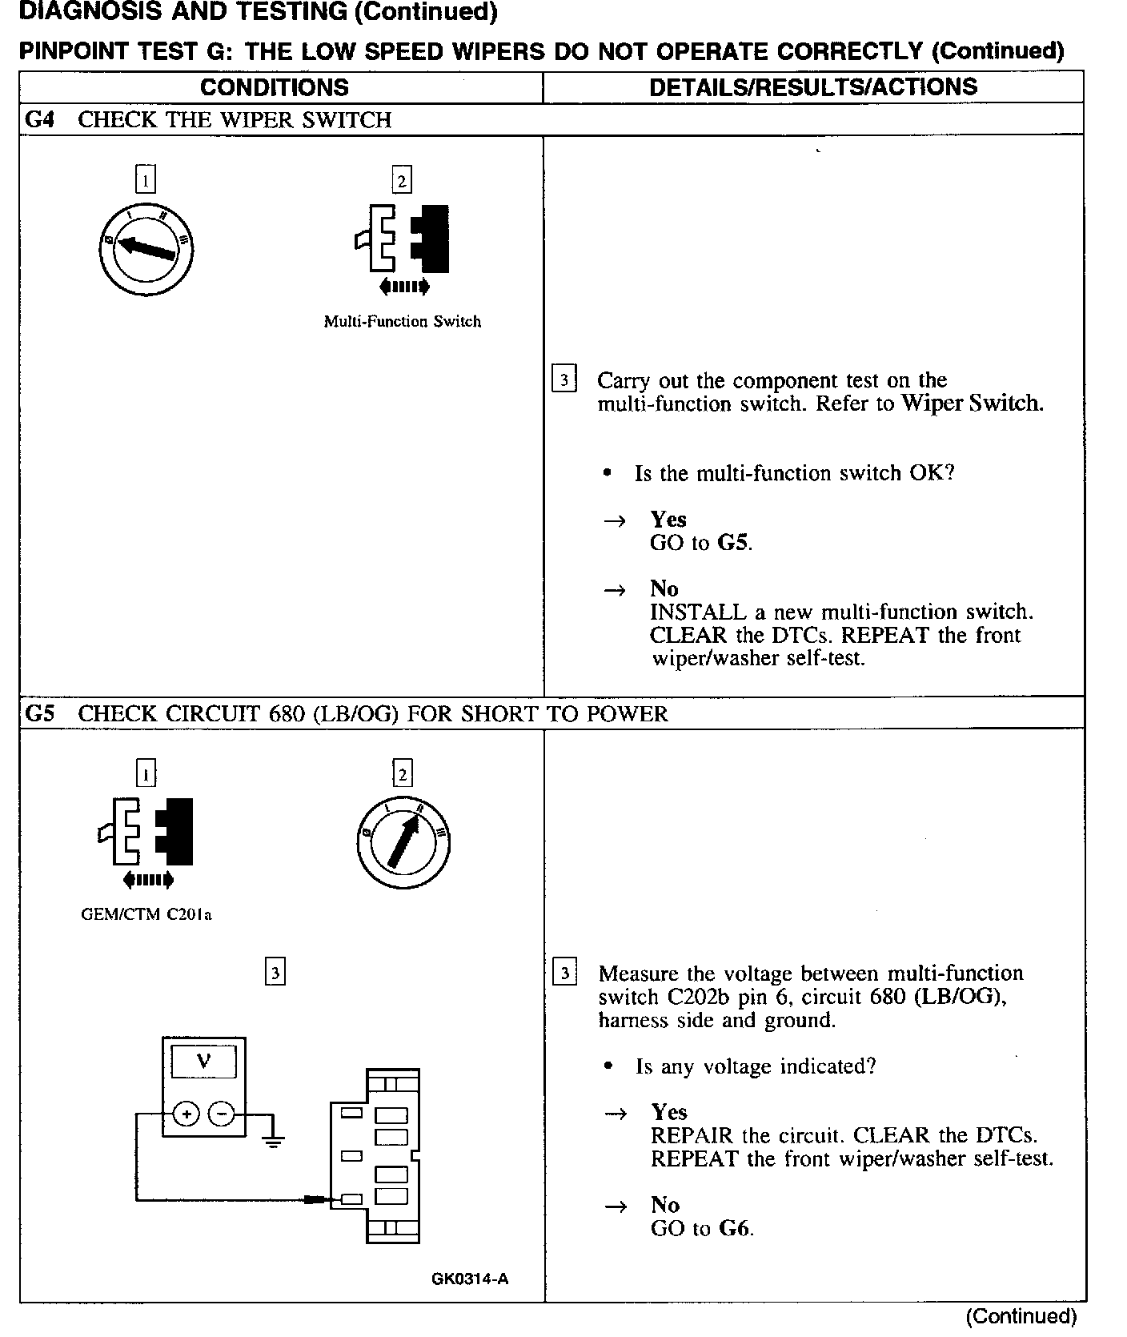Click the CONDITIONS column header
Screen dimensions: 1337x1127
tap(274, 87)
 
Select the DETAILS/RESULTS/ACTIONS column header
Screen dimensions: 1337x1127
tap(813, 87)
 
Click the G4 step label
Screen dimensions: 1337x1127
tap(39, 120)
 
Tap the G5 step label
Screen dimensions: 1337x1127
tap(39, 713)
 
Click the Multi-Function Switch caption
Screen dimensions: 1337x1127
tap(402, 322)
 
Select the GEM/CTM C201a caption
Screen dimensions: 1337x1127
tap(146, 914)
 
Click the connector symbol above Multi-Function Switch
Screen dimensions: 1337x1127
tap(402, 240)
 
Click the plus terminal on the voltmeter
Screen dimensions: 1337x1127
tap(186, 1114)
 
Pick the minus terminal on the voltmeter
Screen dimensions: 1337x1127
tap(222, 1114)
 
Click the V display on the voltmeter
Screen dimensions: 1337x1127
tap(204, 1062)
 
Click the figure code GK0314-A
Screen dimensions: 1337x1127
tap(470, 1279)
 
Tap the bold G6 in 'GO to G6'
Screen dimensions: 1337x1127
tap(735, 1229)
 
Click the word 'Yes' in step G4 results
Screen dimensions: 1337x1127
tap(668, 520)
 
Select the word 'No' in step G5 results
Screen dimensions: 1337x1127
tap(665, 1206)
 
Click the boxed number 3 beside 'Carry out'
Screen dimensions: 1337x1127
tap(564, 379)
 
